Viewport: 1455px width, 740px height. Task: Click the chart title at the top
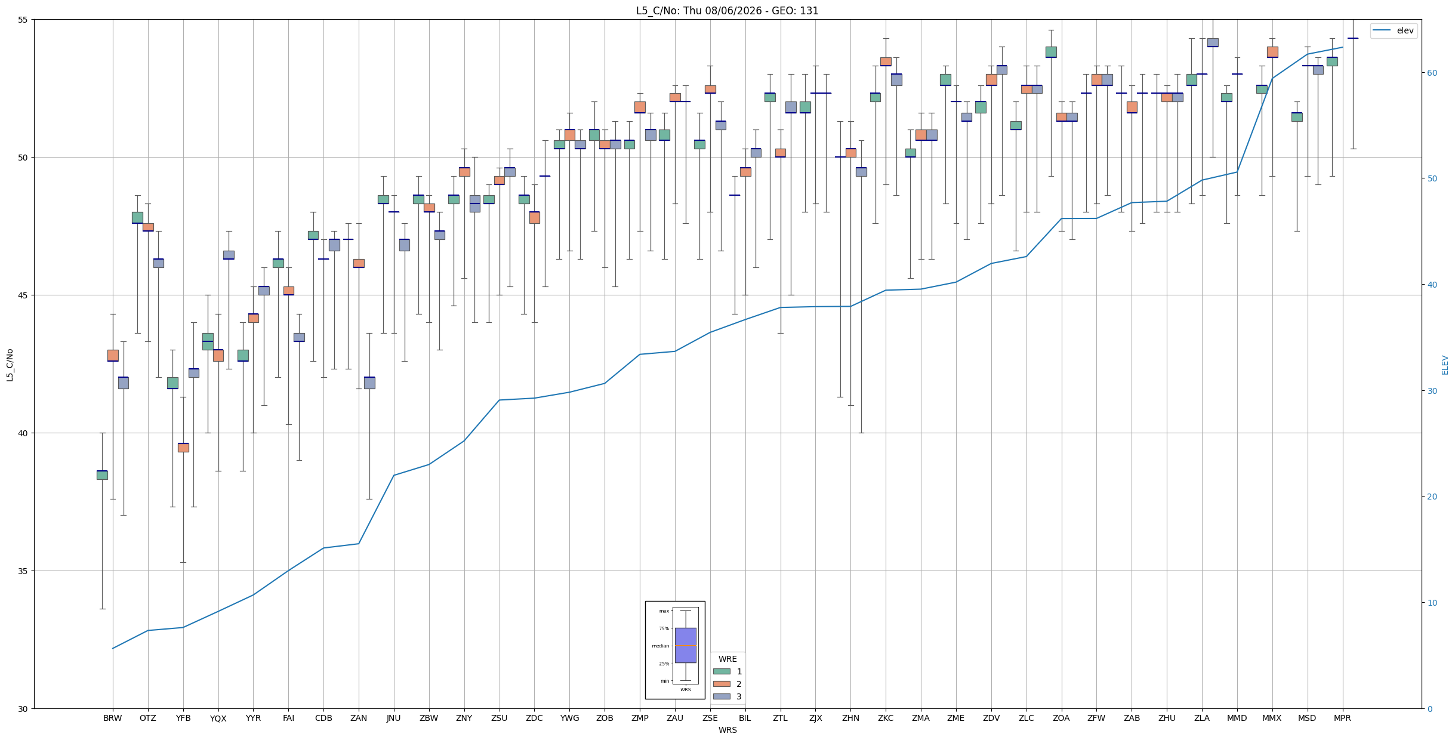tap(727, 11)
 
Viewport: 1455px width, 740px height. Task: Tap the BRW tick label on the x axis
tap(112, 719)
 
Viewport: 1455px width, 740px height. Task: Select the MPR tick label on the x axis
tap(1342, 719)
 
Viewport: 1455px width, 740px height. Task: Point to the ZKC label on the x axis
tap(886, 719)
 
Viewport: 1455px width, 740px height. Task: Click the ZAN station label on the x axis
tap(359, 719)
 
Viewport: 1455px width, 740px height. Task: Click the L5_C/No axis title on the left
tap(10, 364)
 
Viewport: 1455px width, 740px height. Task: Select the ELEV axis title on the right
tap(1445, 365)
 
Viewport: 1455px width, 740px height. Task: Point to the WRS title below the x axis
tap(727, 730)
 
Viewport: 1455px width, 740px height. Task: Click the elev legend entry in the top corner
tap(1394, 31)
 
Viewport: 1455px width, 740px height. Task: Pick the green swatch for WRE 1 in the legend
tap(722, 671)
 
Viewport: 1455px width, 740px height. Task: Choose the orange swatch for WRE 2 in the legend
tap(722, 684)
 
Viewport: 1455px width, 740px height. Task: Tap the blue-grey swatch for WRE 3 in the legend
tap(722, 696)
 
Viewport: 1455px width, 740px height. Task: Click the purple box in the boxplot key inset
tap(685, 645)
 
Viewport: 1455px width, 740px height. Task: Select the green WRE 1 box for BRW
tap(102, 475)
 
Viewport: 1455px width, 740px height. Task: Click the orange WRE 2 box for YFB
tap(183, 448)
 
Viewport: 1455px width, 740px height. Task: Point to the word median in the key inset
tap(660, 646)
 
